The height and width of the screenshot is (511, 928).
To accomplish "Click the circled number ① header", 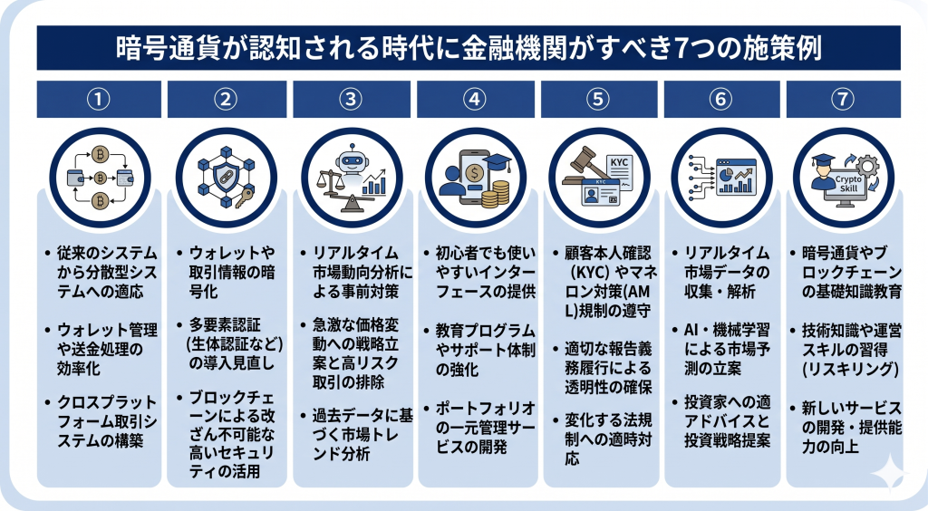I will click(99, 100).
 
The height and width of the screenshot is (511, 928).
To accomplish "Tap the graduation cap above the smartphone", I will click(496, 162).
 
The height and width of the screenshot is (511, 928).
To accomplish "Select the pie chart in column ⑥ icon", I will click(726, 169).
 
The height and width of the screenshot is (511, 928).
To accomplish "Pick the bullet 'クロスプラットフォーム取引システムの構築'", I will click(103, 420).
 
